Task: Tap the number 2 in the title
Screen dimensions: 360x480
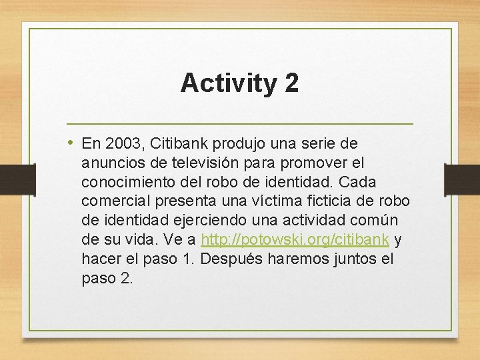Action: pos(291,83)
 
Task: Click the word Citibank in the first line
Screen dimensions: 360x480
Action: pos(178,143)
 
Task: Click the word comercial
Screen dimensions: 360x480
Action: pos(113,201)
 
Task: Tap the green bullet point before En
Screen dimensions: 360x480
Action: pos(71,143)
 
